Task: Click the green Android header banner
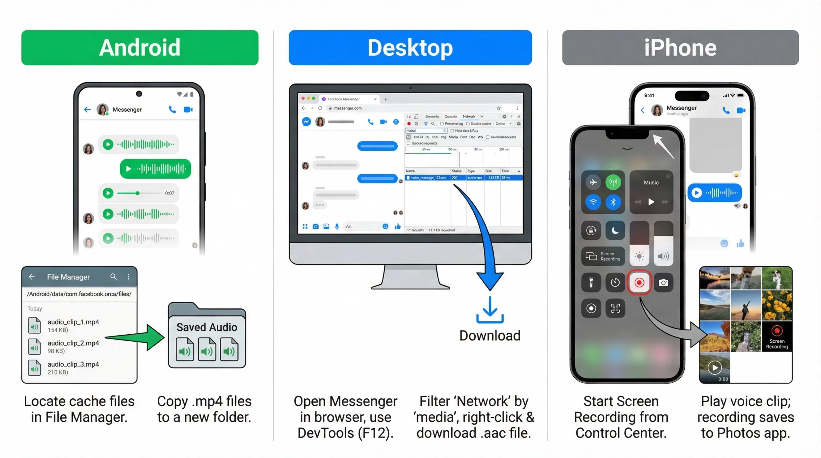(140, 47)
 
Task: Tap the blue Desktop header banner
(410, 47)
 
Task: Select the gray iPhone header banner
(680, 47)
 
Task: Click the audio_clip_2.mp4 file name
(73, 343)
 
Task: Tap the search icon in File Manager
(113, 276)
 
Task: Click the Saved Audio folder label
(207, 327)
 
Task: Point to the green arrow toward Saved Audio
(138, 337)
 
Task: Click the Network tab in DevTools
(469, 116)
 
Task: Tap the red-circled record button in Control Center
(639, 282)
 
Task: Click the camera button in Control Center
(663, 282)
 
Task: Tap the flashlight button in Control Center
(591, 282)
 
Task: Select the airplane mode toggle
(593, 182)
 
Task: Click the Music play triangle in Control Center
(651, 202)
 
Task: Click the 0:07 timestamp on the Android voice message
(170, 193)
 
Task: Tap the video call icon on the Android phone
(188, 110)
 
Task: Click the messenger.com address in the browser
(348, 108)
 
